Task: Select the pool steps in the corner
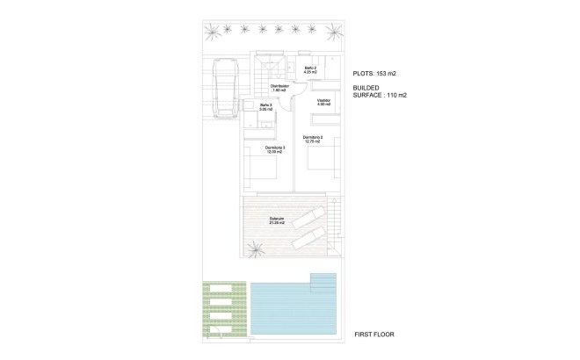pos(323,281)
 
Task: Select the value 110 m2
pos(396,96)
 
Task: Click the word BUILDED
pos(366,88)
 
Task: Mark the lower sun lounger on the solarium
pos(309,237)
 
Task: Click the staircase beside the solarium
pos(335,223)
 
